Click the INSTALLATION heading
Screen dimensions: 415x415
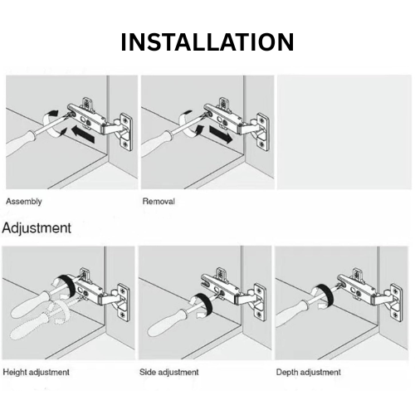pos(207,42)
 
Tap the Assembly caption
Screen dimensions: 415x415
pos(24,201)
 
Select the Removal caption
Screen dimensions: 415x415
pos(159,201)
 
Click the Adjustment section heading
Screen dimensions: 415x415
pos(37,228)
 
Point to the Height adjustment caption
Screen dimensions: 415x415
pos(36,372)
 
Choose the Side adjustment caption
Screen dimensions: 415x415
pos(169,372)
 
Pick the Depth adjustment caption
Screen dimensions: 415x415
pos(309,372)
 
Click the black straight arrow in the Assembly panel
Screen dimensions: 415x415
pos(83,134)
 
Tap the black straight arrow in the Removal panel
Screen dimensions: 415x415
pos(221,134)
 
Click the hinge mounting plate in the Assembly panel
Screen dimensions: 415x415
pos(125,132)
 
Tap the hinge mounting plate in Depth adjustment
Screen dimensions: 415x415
pos(397,303)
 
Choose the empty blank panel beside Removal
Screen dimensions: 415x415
pos(344,132)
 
